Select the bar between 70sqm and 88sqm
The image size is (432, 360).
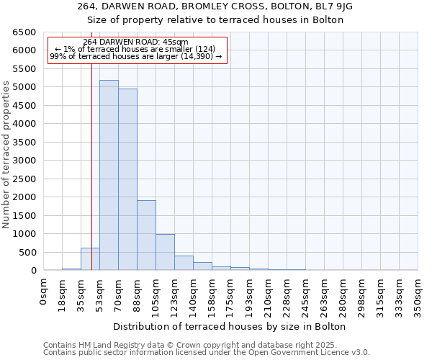tap(127, 179)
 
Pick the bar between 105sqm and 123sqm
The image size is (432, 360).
tap(165, 252)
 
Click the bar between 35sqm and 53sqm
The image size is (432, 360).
tap(90, 259)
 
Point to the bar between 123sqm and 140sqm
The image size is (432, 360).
tap(184, 263)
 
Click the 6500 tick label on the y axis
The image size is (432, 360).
tap(24, 32)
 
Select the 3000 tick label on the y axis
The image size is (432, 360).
tap(24, 161)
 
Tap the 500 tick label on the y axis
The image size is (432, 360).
tap(27, 252)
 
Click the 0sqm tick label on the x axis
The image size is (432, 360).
tap(44, 292)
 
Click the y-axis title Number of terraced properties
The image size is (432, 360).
tap(6, 155)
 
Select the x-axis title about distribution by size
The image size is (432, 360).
tap(230, 326)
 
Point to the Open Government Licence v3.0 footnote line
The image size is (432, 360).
tap(207, 353)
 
